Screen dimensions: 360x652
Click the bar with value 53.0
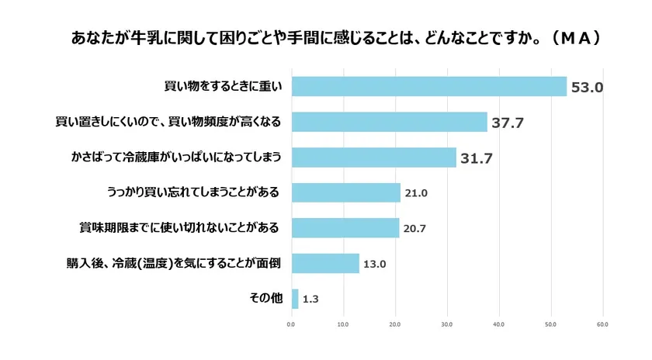429,86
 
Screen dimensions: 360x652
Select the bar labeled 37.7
389,122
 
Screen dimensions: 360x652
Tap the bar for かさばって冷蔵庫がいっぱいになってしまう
373,157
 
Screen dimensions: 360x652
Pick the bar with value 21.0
345,192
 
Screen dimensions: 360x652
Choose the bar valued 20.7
345,228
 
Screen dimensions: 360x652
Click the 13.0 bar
325,263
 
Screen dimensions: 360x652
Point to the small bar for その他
295,299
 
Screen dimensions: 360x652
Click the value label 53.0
588,88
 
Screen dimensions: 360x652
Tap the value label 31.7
477,158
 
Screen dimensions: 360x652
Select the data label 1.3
310,299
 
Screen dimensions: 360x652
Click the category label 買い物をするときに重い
223,86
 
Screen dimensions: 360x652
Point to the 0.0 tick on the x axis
292,324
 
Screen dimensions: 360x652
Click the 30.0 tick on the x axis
447,324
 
